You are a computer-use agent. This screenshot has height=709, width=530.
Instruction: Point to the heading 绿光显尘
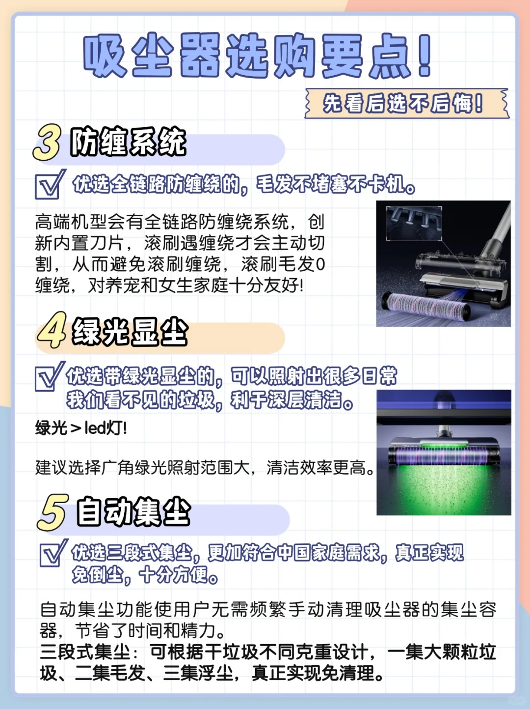(130, 331)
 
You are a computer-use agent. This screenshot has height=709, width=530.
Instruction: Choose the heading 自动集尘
(133, 512)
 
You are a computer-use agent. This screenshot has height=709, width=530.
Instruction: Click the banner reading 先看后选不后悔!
(407, 103)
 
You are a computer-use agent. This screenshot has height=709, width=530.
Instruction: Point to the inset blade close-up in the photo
(414, 223)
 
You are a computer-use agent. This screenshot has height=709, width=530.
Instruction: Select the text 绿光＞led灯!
(81, 428)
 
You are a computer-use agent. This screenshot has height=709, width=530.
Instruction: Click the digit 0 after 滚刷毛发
(320, 264)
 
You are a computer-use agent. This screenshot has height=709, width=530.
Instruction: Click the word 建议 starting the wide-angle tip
(52, 468)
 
